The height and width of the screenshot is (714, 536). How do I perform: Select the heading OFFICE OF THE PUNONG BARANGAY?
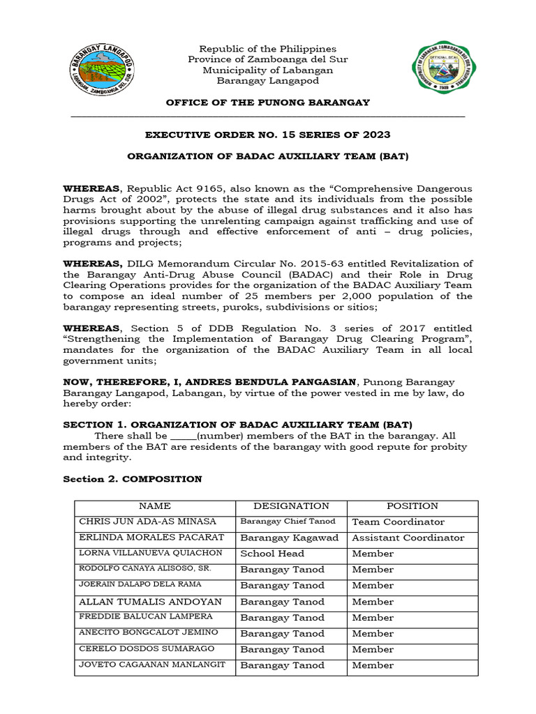(267, 102)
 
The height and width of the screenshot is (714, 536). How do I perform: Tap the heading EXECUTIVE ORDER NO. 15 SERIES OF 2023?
(267, 135)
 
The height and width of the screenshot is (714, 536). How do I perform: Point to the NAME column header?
(154, 506)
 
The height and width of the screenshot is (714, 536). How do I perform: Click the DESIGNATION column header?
(291, 506)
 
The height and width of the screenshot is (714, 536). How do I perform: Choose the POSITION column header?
(412, 506)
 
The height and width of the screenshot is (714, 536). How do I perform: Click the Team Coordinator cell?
(398, 522)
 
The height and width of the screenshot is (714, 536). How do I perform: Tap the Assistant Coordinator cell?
(408, 538)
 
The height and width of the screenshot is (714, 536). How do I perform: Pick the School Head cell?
(272, 554)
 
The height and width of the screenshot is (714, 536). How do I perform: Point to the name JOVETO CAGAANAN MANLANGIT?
(152, 665)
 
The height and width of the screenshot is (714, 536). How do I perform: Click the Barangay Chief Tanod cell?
(288, 522)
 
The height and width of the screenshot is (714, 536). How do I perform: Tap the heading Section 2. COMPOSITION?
(133, 479)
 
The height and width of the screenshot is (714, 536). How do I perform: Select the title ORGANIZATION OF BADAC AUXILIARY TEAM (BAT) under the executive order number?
(267, 157)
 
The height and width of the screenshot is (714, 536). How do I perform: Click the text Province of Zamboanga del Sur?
(267, 59)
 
